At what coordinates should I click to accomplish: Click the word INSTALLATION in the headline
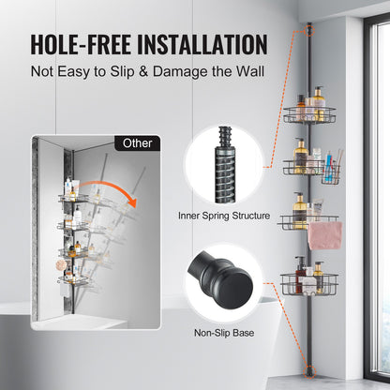pyautogui.click(x=197, y=44)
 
